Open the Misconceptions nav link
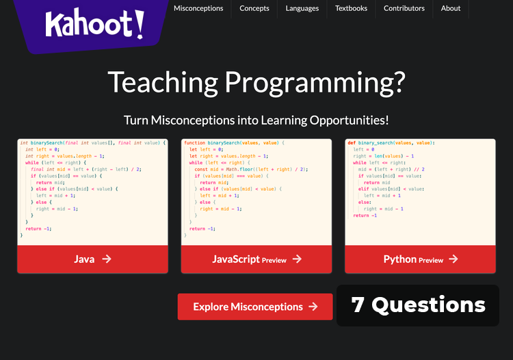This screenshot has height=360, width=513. (x=198, y=8)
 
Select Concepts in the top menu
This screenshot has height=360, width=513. (x=254, y=8)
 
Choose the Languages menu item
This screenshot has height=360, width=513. (x=302, y=8)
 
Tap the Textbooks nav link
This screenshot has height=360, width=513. (x=351, y=8)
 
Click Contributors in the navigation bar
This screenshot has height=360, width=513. (x=404, y=8)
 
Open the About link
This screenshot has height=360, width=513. (x=451, y=8)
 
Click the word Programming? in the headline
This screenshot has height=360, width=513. (x=315, y=83)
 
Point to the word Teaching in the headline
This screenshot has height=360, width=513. (x=162, y=83)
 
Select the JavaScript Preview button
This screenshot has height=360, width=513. (x=256, y=259)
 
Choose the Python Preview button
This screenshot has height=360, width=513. (x=421, y=259)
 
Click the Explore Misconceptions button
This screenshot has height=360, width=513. (x=255, y=307)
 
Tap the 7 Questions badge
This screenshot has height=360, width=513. (x=418, y=305)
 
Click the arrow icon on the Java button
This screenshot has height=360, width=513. (x=106, y=259)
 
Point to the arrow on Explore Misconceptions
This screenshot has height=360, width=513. (x=313, y=307)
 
